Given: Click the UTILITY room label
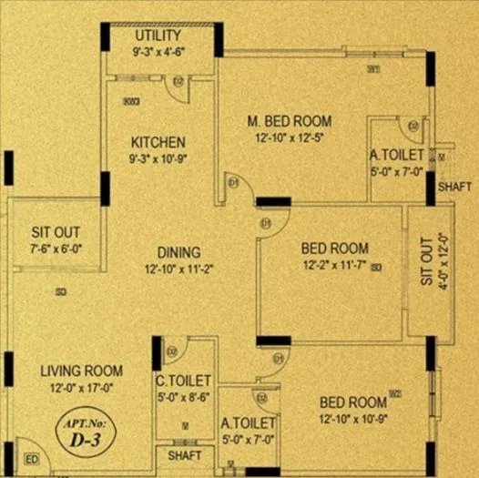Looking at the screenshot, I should pyautogui.click(x=158, y=36).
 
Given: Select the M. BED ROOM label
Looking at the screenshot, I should pyautogui.click(x=290, y=120).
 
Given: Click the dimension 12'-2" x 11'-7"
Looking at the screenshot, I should pyautogui.click(x=334, y=265).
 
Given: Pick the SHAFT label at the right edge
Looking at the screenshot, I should pyautogui.click(x=454, y=186).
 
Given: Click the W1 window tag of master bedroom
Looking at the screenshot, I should pyautogui.click(x=373, y=68).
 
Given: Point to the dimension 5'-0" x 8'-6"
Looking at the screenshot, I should pyautogui.click(x=185, y=396).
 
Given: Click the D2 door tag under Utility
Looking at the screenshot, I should pyautogui.click(x=178, y=82).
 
